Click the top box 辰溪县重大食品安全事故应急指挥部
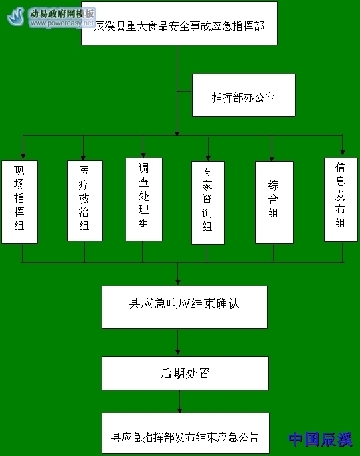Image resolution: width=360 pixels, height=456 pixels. (x=179, y=23)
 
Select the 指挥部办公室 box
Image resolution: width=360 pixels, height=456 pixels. (x=244, y=96)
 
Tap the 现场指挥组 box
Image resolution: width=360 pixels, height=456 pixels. (x=19, y=202)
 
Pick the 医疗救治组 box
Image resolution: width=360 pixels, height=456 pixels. (x=85, y=201)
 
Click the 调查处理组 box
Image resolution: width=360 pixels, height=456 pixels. (x=144, y=199)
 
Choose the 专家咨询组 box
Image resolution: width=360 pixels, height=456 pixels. (x=208, y=203)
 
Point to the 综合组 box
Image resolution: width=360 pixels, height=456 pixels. (x=274, y=202)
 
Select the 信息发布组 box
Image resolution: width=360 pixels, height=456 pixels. (x=341, y=199)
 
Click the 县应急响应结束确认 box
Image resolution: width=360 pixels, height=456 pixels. (x=185, y=307)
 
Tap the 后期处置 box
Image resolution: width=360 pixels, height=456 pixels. (x=185, y=373)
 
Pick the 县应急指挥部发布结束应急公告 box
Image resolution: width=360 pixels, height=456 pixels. (x=185, y=433)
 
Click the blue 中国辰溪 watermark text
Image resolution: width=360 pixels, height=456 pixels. (x=321, y=439)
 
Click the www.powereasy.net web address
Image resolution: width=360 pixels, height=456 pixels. (x=62, y=23)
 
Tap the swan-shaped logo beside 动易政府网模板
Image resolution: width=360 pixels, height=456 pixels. (x=16, y=16)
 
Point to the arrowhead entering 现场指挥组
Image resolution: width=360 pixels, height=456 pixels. (x=23, y=156)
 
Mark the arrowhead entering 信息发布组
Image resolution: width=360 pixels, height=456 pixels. (x=343, y=152)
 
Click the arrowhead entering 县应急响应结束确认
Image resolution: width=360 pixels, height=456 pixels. (x=178, y=282)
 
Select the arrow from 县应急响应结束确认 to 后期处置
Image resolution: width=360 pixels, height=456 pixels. (x=178, y=342)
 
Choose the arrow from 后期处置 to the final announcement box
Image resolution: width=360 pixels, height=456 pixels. (x=179, y=401)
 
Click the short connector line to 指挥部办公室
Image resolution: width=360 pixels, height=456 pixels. (x=185, y=92)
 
